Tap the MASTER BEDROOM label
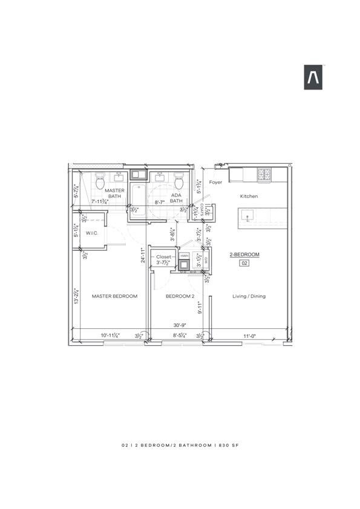(x=114, y=296)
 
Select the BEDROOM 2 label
(x=180, y=296)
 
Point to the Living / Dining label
(x=249, y=296)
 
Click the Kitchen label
(x=249, y=196)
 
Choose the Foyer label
(x=216, y=182)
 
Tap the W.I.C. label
(x=92, y=233)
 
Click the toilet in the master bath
(x=101, y=181)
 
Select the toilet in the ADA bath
(x=178, y=181)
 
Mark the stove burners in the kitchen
(x=264, y=175)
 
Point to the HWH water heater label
(x=185, y=256)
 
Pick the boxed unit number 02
(x=245, y=263)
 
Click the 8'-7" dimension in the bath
(x=160, y=203)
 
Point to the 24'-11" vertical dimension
(x=143, y=256)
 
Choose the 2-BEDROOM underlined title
(x=245, y=254)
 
